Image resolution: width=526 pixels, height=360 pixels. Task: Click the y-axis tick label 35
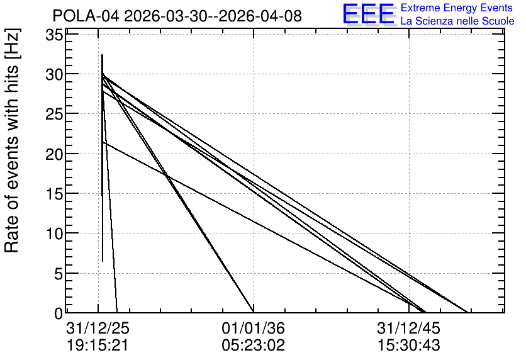54,35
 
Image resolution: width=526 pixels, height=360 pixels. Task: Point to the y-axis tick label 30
54,74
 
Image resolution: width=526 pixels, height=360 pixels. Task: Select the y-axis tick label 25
54,114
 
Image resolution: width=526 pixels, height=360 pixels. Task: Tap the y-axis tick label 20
54,154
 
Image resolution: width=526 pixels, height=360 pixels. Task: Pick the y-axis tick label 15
54,194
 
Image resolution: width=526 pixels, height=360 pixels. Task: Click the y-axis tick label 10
54,233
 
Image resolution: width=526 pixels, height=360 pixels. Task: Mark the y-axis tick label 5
59,273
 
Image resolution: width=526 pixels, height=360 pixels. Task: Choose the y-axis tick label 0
59,313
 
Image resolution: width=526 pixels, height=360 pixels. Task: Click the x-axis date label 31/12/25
98,329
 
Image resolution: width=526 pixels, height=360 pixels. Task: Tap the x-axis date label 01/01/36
254,329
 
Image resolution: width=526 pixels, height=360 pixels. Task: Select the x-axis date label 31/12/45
408,329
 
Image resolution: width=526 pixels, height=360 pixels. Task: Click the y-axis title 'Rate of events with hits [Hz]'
12,141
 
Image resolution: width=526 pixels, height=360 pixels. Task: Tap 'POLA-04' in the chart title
86,16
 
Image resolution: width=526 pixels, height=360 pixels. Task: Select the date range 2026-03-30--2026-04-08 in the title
213,16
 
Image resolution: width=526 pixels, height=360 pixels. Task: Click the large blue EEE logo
369,14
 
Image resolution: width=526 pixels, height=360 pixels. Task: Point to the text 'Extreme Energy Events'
457,8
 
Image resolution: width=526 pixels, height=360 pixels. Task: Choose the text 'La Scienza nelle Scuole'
457,21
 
